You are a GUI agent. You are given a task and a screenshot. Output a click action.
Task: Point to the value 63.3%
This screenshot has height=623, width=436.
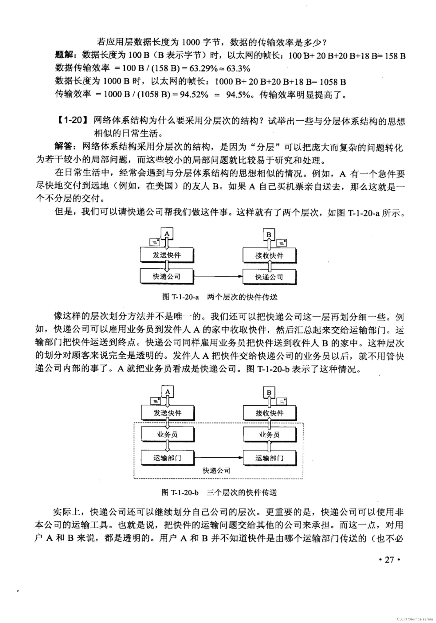point(238,68)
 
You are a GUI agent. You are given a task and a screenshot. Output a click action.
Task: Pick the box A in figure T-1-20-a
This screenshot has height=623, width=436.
point(167,234)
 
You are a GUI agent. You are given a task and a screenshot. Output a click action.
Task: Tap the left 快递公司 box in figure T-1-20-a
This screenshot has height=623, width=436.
point(166,277)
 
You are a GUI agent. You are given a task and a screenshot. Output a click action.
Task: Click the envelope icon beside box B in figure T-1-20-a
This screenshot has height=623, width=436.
point(281,243)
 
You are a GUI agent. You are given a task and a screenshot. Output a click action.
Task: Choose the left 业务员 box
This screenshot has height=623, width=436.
point(167,434)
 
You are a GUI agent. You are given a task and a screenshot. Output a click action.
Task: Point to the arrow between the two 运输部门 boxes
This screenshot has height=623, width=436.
point(219,458)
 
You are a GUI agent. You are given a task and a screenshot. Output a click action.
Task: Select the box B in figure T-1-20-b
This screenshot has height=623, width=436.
point(269,392)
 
